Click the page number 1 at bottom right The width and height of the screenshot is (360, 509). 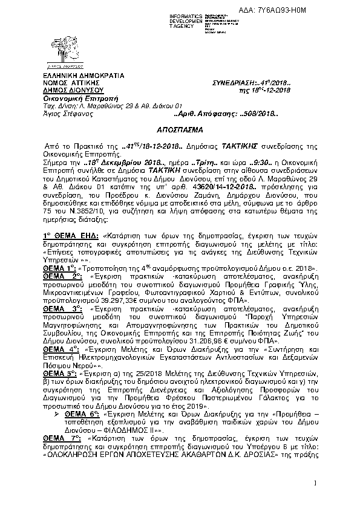pyautogui.click(x=315, y=482)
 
